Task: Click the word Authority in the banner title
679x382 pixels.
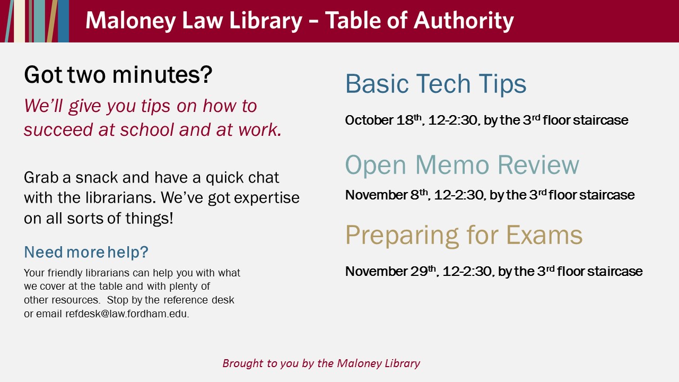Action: (464, 21)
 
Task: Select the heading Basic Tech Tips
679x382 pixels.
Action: (436, 84)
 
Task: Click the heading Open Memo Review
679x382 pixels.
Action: (462, 165)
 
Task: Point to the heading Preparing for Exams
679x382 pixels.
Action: (464, 236)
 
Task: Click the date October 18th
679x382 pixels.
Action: (383, 120)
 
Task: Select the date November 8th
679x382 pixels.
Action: (386, 195)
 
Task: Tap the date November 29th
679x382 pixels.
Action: (390, 271)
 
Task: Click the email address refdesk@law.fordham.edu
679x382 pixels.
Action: (127, 314)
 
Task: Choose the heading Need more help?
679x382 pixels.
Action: (86, 252)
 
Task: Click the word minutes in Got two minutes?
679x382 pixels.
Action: (162, 75)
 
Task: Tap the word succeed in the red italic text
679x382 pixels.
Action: (58, 130)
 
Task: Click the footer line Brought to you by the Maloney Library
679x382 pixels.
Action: (321, 363)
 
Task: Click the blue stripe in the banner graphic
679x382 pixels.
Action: (63, 21)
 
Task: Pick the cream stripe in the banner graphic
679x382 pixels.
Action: (20, 21)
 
